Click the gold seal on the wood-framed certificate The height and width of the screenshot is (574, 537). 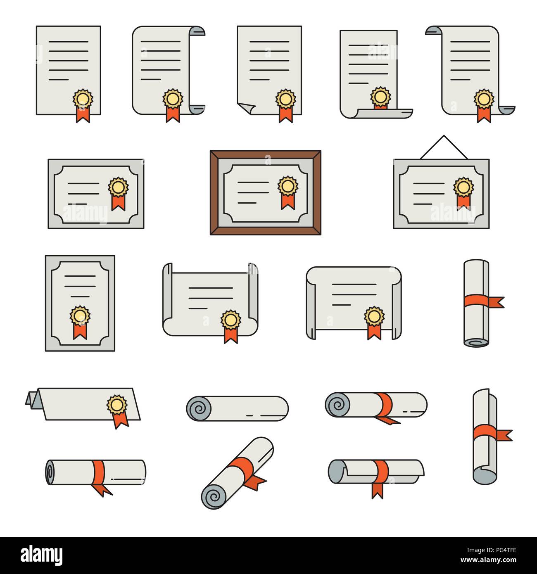[288, 186]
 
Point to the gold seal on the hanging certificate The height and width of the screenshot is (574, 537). [463, 187]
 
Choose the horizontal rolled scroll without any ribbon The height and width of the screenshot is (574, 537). [237, 408]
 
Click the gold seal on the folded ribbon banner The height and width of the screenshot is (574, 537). [117, 405]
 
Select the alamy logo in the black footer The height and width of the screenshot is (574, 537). [42, 555]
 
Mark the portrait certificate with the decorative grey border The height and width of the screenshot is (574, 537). [80, 303]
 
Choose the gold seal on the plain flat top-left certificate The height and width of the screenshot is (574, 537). [83, 99]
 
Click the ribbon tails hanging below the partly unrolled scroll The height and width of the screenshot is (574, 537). [377, 490]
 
